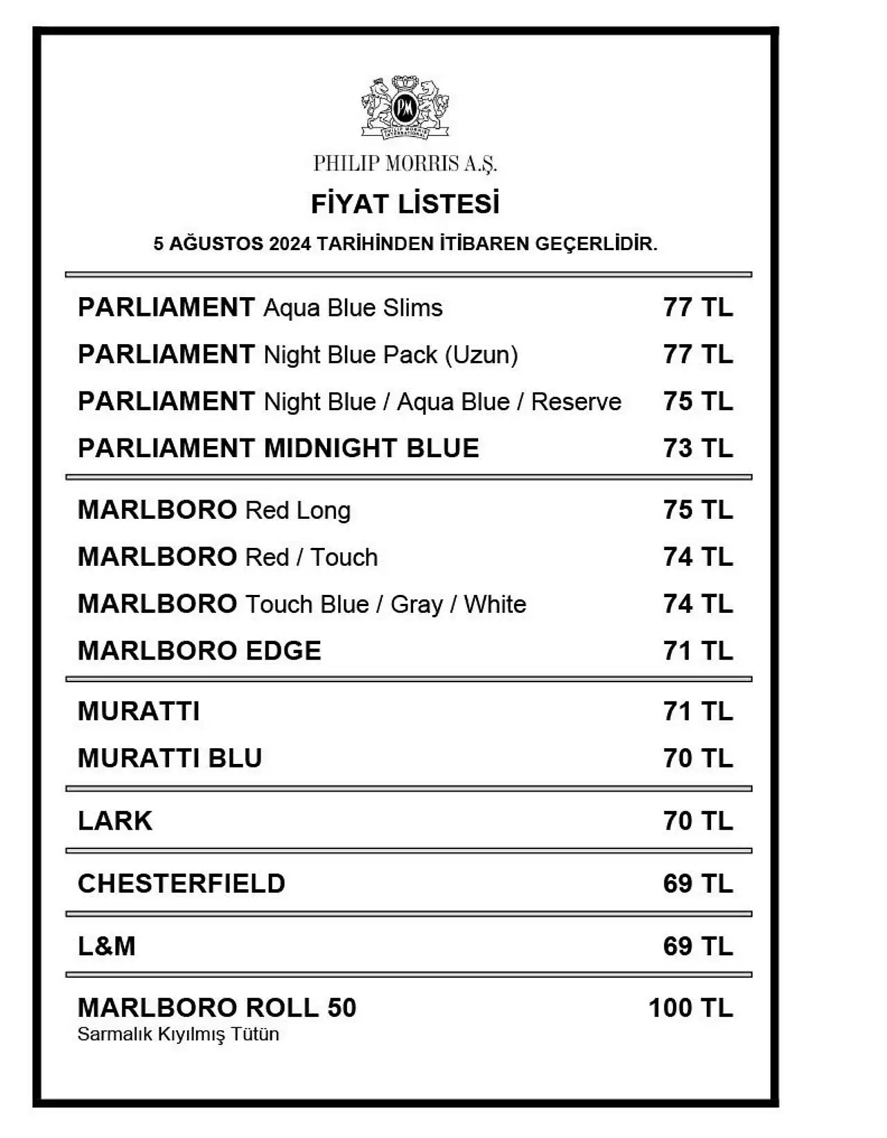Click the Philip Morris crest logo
[x=405, y=107]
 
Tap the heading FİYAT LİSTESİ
[x=405, y=204]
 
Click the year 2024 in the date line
[x=290, y=244]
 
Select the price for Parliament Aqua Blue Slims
[x=697, y=308]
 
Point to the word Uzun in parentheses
[x=481, y=355]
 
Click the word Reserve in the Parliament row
[x=576, y=402]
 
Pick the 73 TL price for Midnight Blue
[x=697, y=448]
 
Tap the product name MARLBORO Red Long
[x=214, y=510]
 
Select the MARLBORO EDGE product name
[x=200, y=651]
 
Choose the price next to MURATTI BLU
[x=697, y=758]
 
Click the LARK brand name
[x=115, y=821]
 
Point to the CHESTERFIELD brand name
[x=182, y=884]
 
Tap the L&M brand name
[x=107, y=946]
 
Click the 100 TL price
[x=690, y=1008]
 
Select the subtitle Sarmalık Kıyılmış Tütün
[x=178, y=1034]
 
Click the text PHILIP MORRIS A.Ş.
[x=405, y=163]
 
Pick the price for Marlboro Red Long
[x=697, y=510]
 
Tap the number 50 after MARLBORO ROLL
[x=341, y=1008]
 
